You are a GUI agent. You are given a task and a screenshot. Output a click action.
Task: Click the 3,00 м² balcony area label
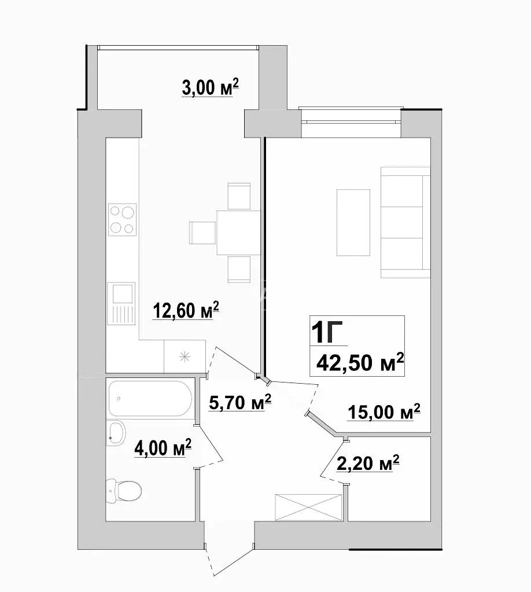point(210,87)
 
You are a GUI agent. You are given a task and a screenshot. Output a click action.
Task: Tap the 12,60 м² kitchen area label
point(186,310)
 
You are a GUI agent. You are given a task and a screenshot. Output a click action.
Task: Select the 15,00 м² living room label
point(384,411)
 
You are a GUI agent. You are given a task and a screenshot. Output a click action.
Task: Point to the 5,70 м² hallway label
point(240,402)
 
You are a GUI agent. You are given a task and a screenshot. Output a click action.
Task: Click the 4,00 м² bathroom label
point(163,448)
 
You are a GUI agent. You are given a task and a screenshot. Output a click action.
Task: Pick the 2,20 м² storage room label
point(367,464)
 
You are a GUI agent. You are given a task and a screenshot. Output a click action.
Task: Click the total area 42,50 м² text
point(360,363)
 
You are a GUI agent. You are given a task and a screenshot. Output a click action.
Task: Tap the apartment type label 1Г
point(327,332)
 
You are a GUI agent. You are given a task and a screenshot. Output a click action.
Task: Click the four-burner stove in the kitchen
point(122,220)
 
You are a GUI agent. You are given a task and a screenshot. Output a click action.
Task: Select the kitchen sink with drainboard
point(121,304)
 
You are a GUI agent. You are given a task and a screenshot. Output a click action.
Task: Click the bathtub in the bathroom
point(150,398)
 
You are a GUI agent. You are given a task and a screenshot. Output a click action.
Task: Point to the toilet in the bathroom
point(124,491)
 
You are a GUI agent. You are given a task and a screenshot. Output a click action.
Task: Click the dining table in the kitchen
point(238,233)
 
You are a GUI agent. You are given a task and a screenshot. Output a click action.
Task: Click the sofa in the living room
point(405,223)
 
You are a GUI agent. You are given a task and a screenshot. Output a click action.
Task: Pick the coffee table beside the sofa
point(353,222)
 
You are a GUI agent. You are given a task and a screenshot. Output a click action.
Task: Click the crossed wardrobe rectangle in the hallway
point(309,508)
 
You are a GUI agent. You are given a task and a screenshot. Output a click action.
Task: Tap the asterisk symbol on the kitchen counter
point(185,356)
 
